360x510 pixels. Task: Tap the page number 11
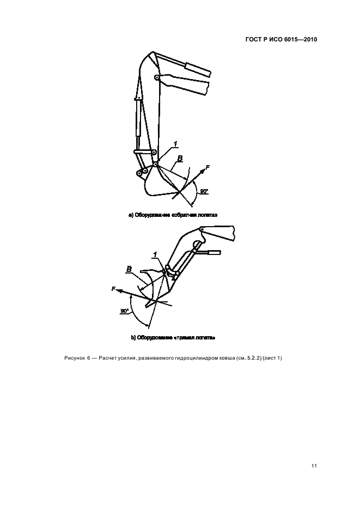point(314,466)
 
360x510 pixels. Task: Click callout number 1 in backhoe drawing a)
point(175,144)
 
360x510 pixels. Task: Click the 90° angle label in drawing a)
point(204,192)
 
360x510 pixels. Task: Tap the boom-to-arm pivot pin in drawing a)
point(156,78)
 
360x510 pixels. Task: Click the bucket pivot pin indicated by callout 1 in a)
point(156,164)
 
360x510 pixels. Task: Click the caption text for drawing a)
point(173,215)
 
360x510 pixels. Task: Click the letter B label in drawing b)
point(129,269)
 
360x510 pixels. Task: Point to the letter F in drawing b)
point(113,289)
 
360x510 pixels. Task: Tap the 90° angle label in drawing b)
point(124,311)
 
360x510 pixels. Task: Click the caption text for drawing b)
point(173,338)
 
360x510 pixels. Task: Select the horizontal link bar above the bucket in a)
point(143,151)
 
